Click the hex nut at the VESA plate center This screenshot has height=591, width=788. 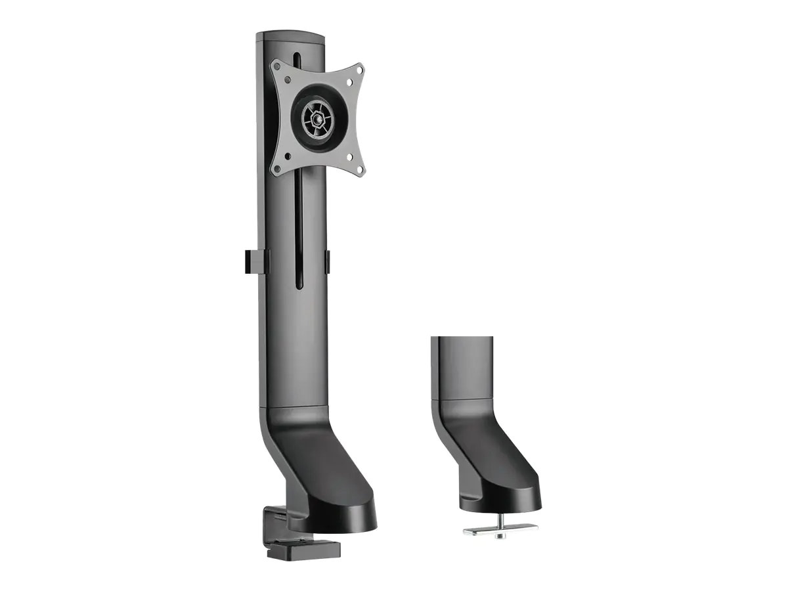[318, 120]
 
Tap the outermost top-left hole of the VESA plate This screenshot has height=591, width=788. [278, 66]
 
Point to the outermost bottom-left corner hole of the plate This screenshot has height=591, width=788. [276, 169]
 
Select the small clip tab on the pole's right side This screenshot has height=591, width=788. [327, 261]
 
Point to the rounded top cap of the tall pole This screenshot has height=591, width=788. [291, 37]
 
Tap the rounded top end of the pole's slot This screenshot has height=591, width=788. [298, 56]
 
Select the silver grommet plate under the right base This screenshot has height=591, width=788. [500, 527]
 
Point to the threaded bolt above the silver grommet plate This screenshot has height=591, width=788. [500, 518]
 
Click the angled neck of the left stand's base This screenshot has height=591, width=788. [309, 460]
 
